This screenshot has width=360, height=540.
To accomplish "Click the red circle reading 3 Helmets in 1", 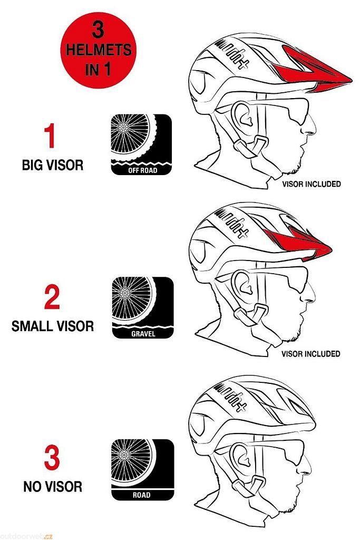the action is tap(98, 50).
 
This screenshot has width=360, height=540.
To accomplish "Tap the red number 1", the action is tap(50, 136).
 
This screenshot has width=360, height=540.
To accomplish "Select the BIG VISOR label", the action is tap(53, 165).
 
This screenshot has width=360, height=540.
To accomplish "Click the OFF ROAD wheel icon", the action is tap(141, 144).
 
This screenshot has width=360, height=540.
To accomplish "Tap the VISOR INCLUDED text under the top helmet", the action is tap(312, 184).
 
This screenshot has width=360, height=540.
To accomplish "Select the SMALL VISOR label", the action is tap(53, 326).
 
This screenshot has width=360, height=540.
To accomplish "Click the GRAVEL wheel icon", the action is tap(142, 307).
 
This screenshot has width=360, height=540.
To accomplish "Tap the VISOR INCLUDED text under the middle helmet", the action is tap(311, 354).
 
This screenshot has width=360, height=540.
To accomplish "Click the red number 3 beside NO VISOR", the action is tap(52, 458).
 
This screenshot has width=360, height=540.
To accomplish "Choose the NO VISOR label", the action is tap(53, 487).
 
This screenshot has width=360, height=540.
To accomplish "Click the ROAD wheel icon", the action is tap(142, 469).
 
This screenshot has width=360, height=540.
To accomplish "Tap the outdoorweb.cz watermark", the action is tap(26, 536).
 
